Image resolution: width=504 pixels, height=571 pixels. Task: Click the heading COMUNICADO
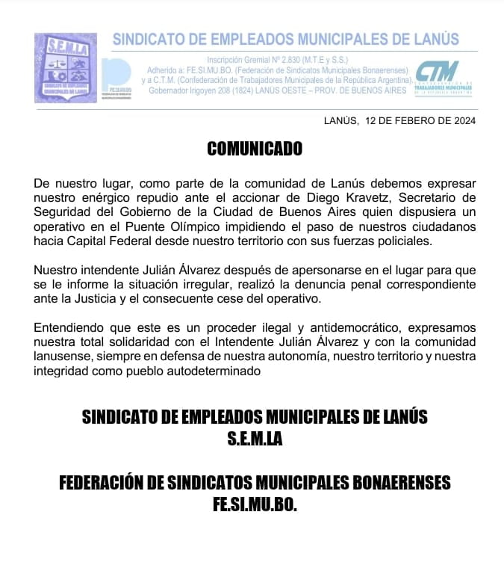click(x=255, y=149)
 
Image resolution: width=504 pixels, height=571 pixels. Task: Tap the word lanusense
click(x=63, y=356)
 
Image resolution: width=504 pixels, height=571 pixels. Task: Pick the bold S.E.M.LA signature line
click(x=255, y=439)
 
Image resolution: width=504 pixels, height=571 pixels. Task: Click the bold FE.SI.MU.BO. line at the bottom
click(x=255, y=504)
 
